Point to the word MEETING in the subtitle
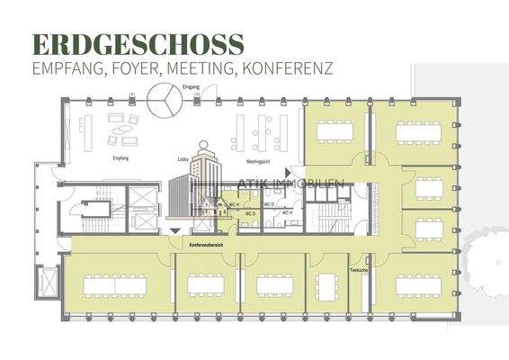pos(221,67)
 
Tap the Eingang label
pos(191,86)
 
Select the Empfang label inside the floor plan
pos(121,158)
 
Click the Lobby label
pos(183,158)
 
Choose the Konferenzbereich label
pos(207,244)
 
